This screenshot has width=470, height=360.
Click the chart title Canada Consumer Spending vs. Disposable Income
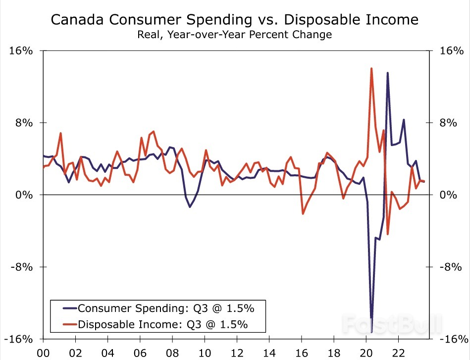pos(235,20)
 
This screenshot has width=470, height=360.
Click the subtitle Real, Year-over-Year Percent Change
pos(235,35)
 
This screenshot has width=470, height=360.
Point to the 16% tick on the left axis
pos(20,51)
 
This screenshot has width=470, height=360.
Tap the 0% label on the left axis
pos(23,195)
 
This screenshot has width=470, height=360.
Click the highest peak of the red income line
pos(371,68)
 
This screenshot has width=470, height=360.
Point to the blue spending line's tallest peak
pos(387,73)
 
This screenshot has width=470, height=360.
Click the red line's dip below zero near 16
pos(303,214)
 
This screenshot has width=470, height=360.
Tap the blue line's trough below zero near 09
pos(190,206)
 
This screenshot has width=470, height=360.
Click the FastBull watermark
pos(391,323)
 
